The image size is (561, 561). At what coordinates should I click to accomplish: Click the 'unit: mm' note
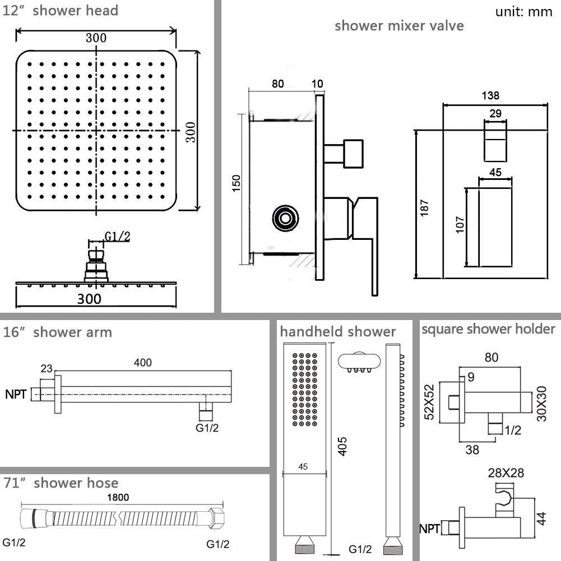tap(523, 12)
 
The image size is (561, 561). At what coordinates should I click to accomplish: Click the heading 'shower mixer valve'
tap(399, 26)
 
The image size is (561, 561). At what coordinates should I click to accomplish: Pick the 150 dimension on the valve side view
tap(237, 183)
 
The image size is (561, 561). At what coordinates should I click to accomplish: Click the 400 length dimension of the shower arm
tap(143, 363)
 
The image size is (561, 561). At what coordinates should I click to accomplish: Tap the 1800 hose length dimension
tap(119, 497)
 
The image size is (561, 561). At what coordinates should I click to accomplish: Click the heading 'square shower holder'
tap(488, 329)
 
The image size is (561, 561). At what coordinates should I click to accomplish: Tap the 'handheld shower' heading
tap(337, 332)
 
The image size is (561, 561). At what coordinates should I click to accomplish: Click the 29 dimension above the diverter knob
tap(495, 113)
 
